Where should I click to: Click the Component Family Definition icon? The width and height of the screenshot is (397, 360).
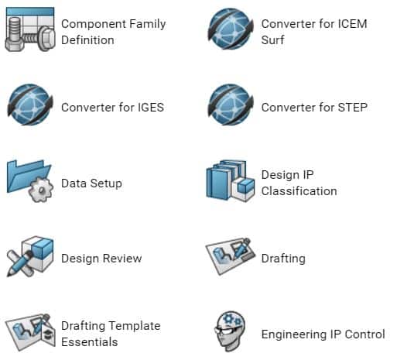click(x=30, y=29)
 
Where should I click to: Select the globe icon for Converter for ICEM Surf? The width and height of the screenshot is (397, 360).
click(x=231, y=29)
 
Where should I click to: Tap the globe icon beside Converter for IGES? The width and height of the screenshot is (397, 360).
click(x=30, y=105)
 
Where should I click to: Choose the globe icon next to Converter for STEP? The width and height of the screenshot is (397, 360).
click(x=231, y=105)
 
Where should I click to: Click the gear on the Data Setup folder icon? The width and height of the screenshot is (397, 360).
click(x=41, y=190)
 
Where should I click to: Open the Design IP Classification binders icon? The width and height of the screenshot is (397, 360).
click(x=231, y=180)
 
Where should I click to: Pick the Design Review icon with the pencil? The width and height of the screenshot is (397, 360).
click(x=30, y=256)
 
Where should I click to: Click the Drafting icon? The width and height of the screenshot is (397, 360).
click(x=231, y=256)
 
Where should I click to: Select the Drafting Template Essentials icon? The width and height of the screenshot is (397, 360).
click(x=30, y=332)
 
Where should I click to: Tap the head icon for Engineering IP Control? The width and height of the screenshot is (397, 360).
click(x=230, y=331)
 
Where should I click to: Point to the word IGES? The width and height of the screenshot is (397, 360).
click(x=151, y=108)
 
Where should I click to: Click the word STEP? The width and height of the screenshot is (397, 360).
click(x=353, y=108)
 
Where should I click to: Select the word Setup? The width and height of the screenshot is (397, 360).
click(x=106, y=183)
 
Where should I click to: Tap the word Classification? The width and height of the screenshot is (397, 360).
click(x=299, y=191)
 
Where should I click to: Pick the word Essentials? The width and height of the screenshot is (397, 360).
click(x=90, y=342)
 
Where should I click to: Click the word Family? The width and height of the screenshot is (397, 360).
click(x=147, y=25)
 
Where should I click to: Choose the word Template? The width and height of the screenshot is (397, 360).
click(x=136, y=326)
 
